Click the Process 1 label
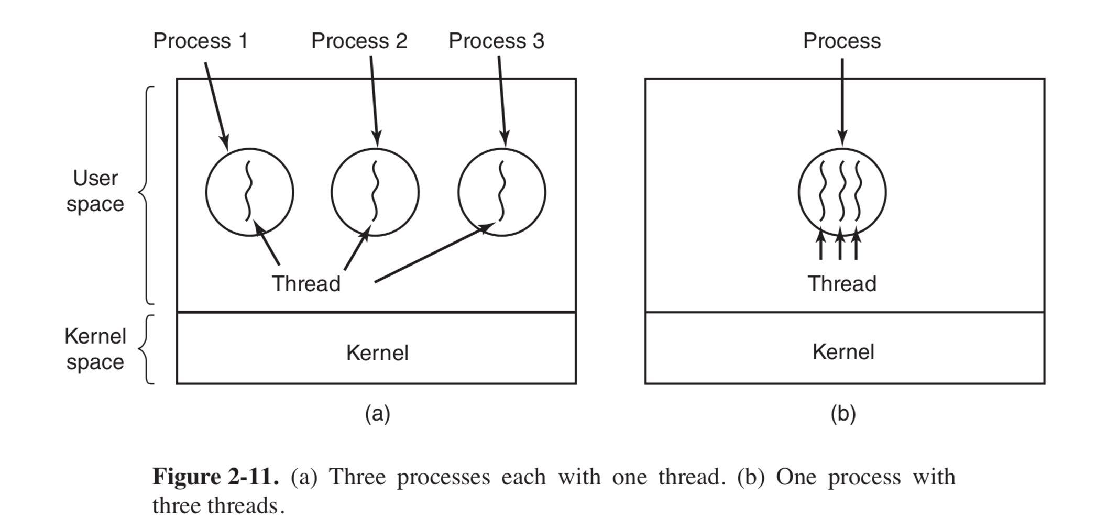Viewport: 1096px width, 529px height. point(200,41)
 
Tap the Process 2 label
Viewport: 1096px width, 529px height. point(359,41)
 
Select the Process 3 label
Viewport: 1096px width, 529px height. point(496,41)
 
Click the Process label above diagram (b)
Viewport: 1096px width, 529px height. point(841,41)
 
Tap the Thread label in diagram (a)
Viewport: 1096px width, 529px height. point(306,283)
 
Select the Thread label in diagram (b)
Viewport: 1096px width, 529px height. point(841,283)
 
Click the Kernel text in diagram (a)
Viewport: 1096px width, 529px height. point(377,352)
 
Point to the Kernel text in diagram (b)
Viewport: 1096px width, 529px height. point(843,351)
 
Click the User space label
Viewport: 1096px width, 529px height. point(95,191)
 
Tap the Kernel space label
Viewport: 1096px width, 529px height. point(95,349)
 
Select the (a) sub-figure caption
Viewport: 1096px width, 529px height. point(377,413)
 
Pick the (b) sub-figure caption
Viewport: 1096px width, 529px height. point(843,413)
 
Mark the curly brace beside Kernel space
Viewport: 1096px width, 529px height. point(147,349)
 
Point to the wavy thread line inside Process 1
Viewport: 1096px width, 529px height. point(248,191)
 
